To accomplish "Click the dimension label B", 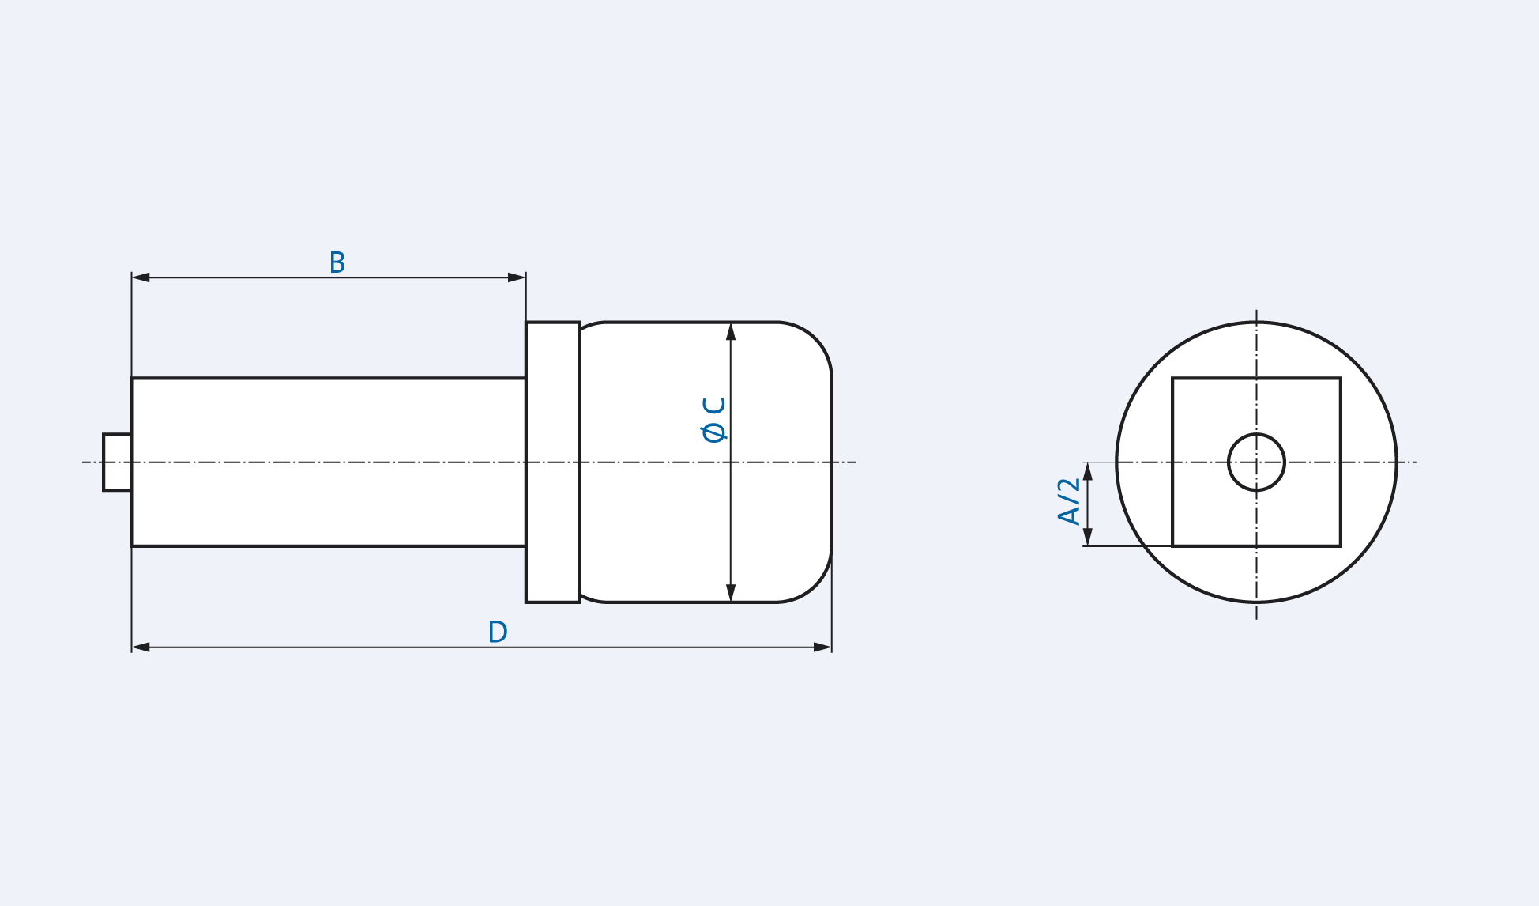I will click(337, 262).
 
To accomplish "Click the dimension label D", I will click(498, 632).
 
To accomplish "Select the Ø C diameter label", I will click(714, 420).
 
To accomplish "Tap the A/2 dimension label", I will click(1069, 502).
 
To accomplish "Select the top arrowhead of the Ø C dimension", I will click(731, 332).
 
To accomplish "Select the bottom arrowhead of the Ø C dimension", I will click(731, 592).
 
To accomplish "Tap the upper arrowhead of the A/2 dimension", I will click(1088, 472).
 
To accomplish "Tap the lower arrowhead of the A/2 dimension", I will click(1088, 536).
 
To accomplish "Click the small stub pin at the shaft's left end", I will click(117, 462).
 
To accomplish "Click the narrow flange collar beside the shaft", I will click(552, 462).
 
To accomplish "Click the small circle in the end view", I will click(1256, 462).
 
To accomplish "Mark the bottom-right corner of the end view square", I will click(1340, 545).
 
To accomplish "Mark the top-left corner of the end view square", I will click(1173, 379).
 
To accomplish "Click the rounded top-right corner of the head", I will click(815, 339).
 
